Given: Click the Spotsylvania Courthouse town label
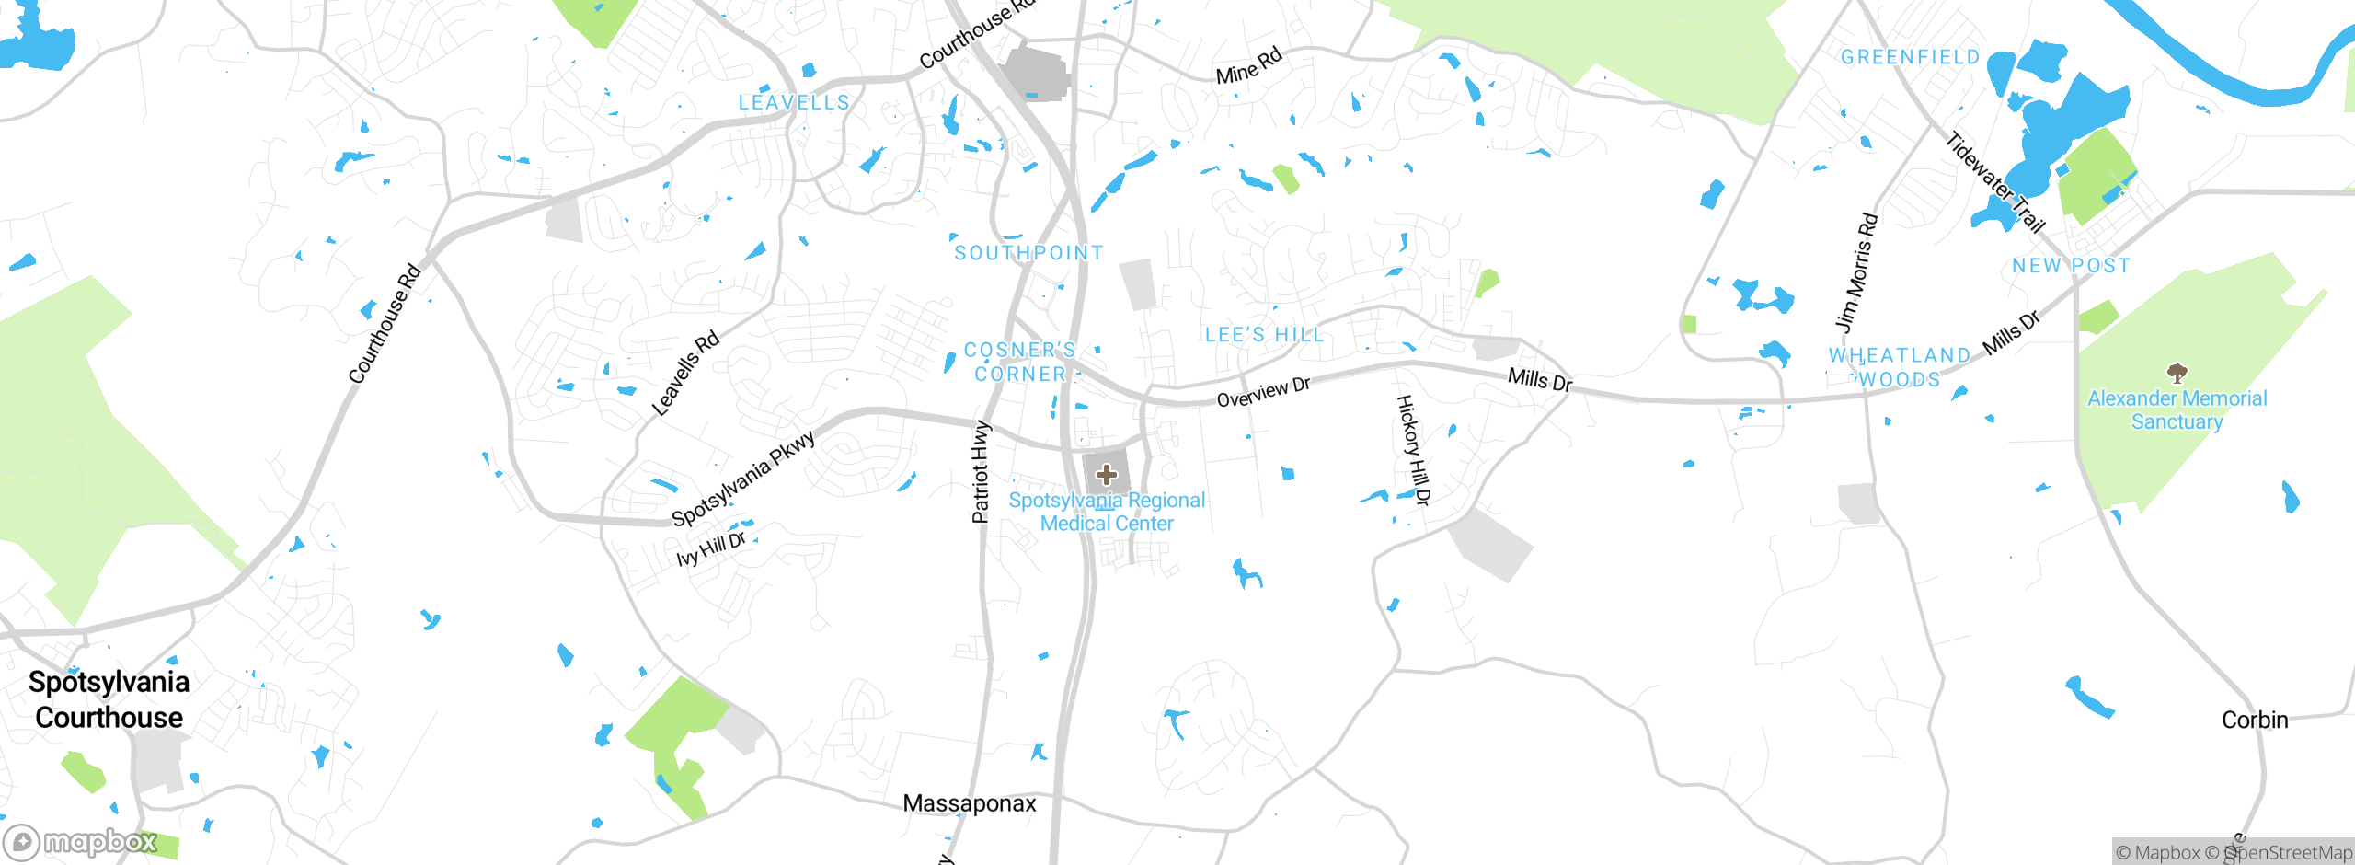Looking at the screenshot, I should [109, 699].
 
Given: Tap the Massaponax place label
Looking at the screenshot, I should [970, 803].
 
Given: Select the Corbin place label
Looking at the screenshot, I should [2254, 720].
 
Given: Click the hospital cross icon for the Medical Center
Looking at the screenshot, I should [1107, 475].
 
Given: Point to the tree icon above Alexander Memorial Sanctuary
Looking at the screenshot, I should [2177, 373].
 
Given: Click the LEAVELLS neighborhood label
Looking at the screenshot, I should [794, 103].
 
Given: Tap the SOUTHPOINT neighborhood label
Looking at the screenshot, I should [1028, 253].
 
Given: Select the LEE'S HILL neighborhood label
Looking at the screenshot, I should [1264, 335].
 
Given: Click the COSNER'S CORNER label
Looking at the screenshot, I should [1020, 362].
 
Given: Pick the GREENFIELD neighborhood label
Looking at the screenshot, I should [1910, 57].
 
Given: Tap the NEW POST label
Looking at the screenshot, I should [2071, 266].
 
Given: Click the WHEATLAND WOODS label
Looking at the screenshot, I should [1900, 367].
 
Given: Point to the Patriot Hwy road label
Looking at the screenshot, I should [981, 471].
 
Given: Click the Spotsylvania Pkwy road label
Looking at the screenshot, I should [743, 478].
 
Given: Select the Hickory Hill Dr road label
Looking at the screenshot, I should [1414, 450].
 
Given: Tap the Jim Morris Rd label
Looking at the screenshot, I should [1856, 272].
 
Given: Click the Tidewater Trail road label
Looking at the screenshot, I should [1994, 182].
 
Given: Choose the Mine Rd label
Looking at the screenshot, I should [1248, 66].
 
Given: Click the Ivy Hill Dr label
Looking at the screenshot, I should [710, 549].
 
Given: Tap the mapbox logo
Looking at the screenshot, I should [80, 842].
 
